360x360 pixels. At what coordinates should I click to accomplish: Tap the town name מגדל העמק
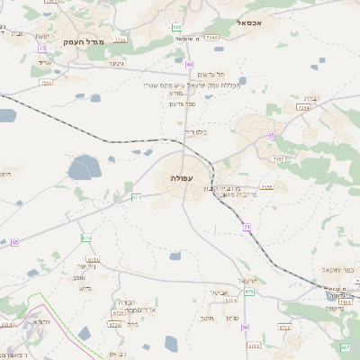point(85,41)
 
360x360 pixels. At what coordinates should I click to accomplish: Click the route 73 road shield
point(41,49)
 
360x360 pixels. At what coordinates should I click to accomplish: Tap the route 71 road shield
point(246,227)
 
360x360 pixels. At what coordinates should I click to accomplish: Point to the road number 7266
point(211,38)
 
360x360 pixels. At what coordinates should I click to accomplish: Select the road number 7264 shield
point(304,107)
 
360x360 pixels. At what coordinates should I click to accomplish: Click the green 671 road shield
point(136,196)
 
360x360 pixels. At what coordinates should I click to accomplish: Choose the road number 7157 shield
point(279,158)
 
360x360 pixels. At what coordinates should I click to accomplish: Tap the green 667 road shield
point(345,346)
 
